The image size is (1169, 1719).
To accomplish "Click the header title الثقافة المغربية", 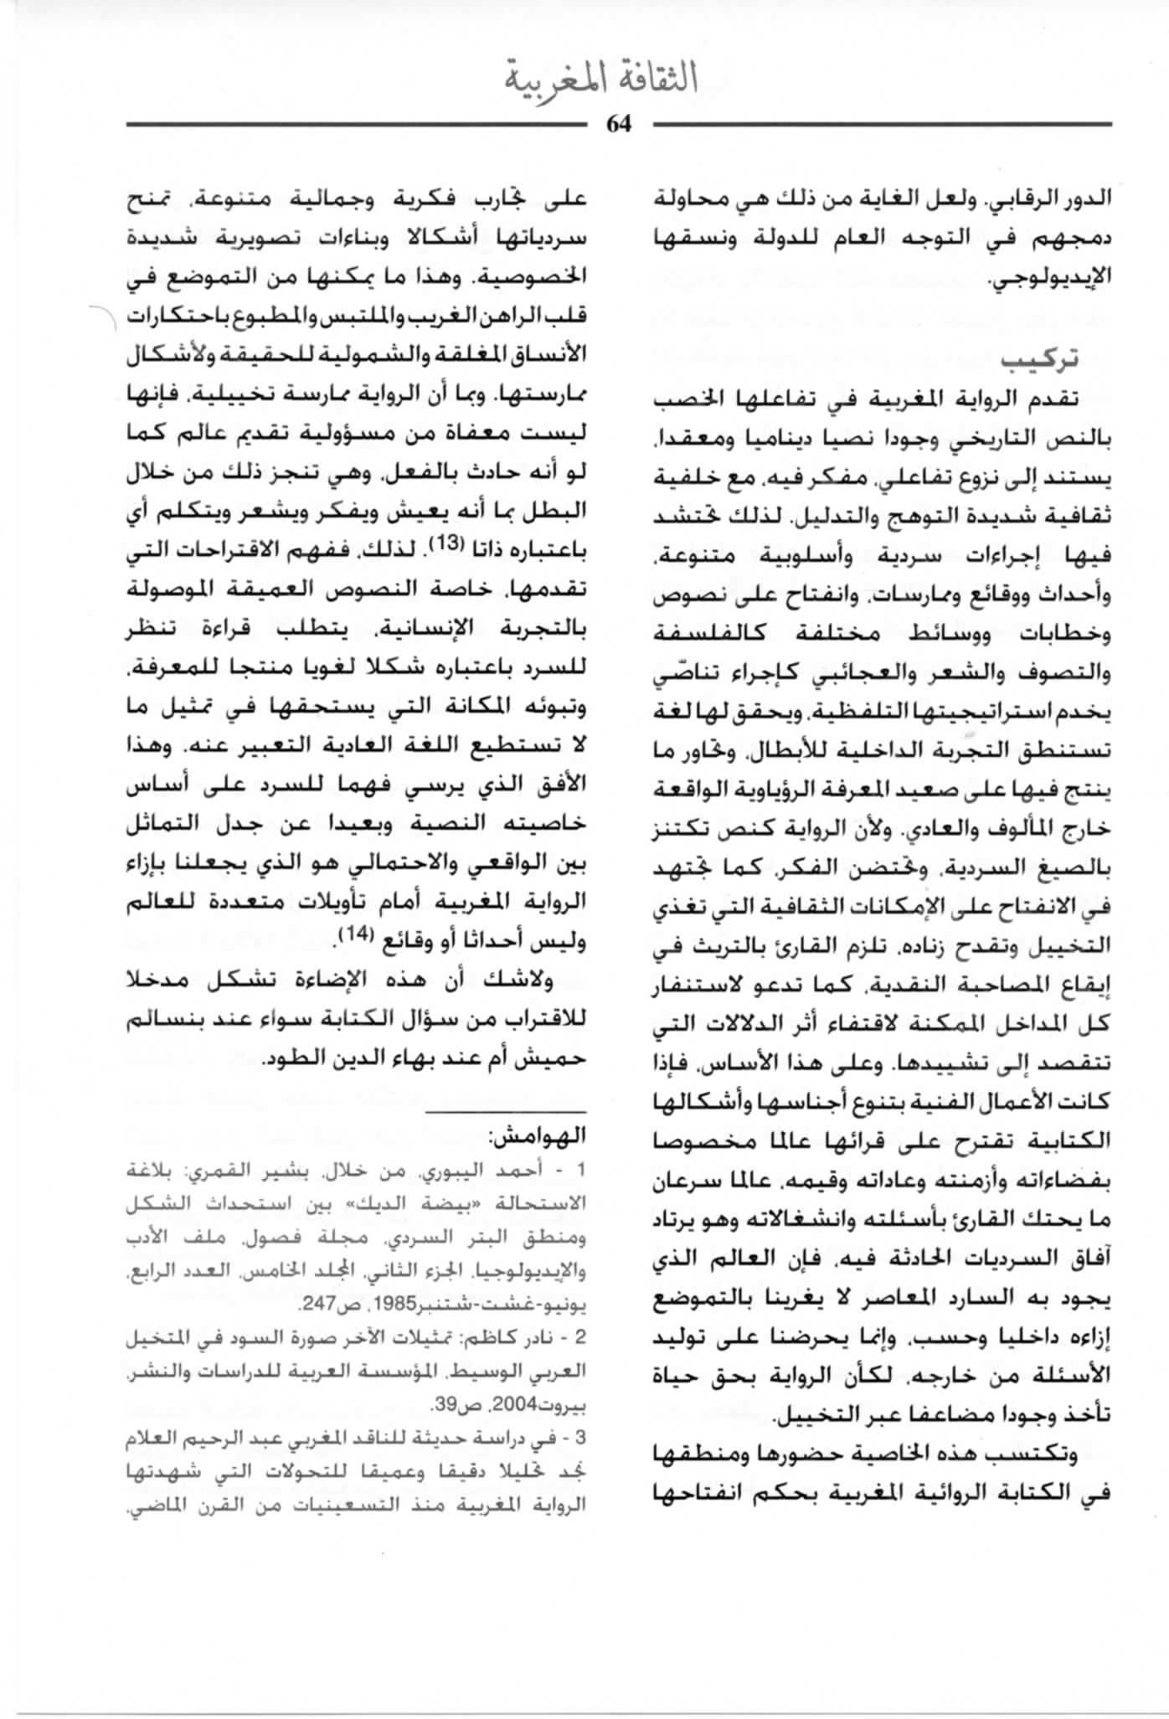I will [601, 80].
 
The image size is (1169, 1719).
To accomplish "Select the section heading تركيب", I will [1039, 358].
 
